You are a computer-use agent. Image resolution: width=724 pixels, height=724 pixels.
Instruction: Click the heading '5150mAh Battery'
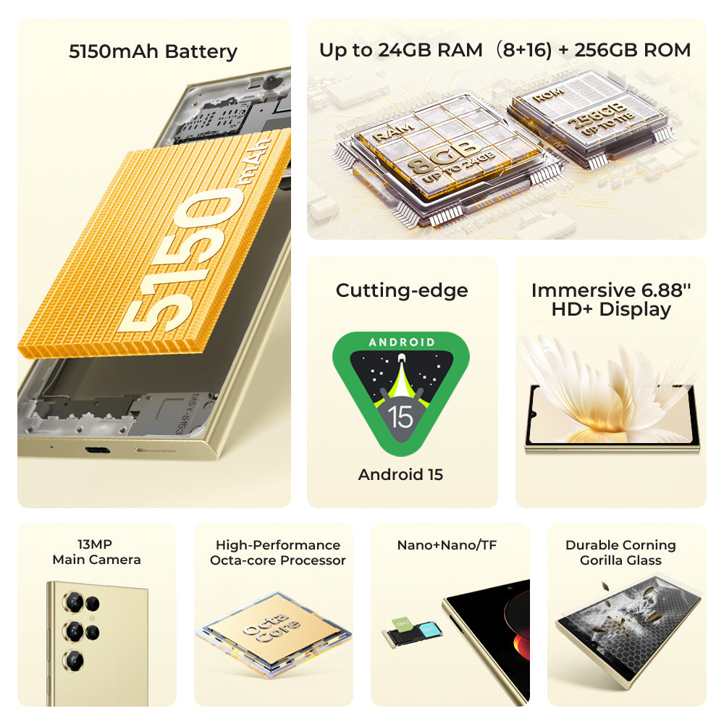[x=153, y=52]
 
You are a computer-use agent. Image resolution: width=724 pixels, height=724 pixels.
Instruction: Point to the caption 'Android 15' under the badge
[x=400, y=475]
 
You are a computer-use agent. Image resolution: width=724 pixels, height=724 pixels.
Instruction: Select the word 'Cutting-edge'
[x=402, y=290]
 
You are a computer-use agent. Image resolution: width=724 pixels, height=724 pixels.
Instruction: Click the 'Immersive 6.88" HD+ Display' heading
[x=610, y=300]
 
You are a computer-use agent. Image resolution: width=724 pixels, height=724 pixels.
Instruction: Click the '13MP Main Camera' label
[x=96, y=552]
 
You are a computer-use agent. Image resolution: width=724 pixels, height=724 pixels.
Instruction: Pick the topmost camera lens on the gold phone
[x=72, y=601]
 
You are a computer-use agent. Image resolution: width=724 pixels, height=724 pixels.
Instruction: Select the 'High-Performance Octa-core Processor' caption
[x=277, y=552]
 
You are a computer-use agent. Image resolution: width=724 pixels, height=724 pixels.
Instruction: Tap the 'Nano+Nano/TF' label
[x=447, y=545]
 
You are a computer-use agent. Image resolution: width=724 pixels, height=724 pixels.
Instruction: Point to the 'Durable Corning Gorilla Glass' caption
[x=620, y=552]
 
